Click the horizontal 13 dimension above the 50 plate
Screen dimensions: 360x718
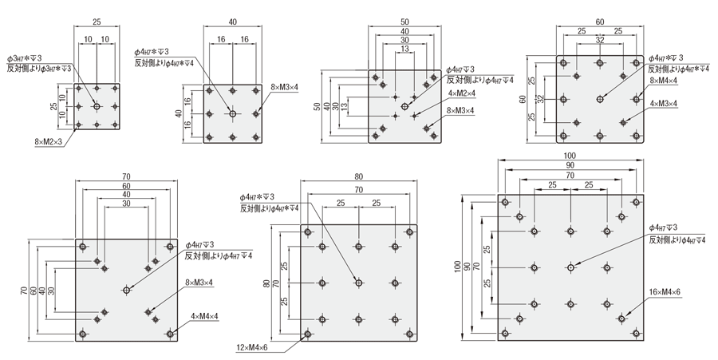point(405,49)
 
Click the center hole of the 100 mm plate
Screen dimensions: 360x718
point(569,267)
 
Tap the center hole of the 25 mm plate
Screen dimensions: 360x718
point(97,105)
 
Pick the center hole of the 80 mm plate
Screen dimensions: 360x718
point(359,282)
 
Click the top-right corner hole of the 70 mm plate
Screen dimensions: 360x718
point(169,247)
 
